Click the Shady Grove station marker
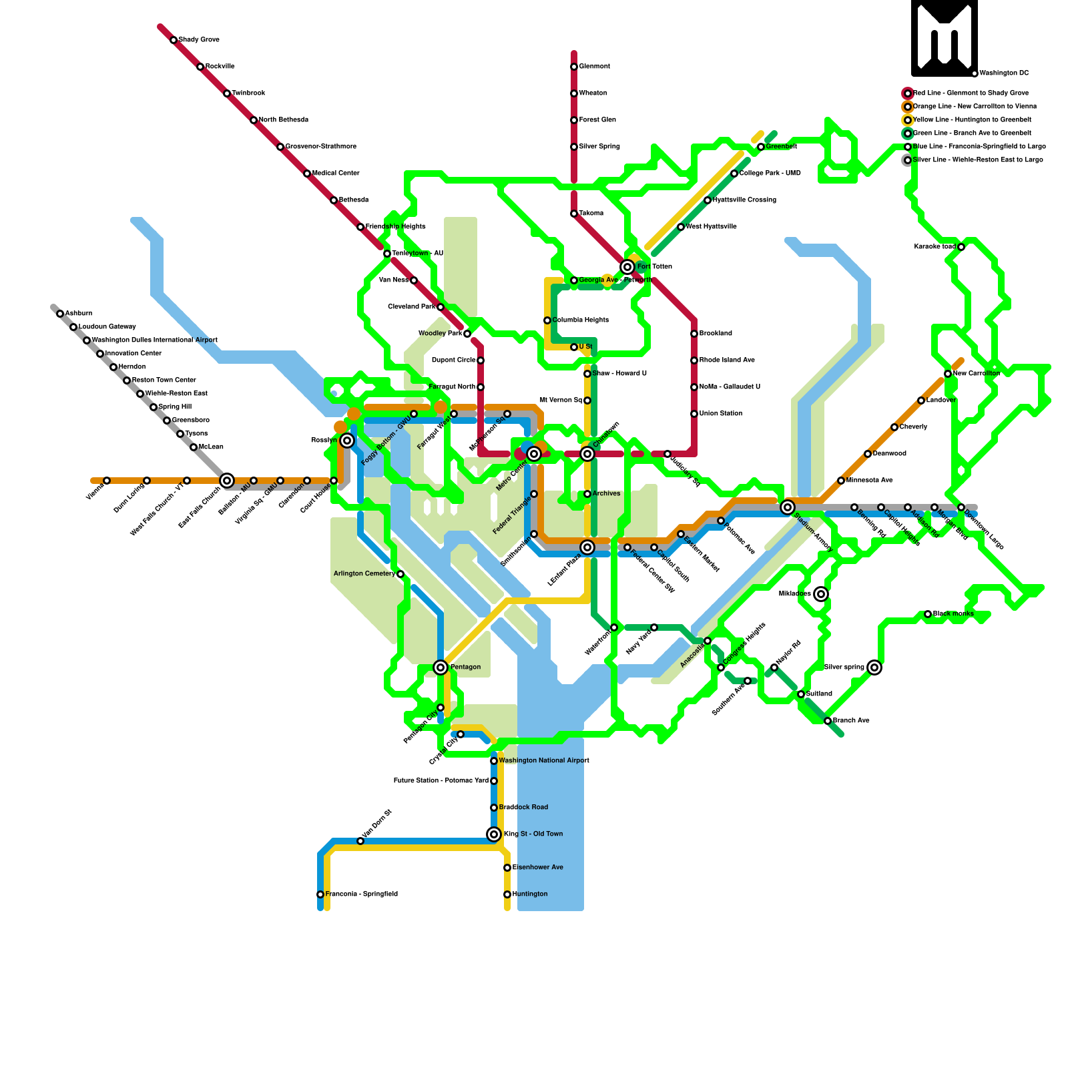point(174,40)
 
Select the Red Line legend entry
point(971,93)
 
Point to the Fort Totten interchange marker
point(627,267)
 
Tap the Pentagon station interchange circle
point(441,667)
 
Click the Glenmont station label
point(594,67)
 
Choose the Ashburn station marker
point(60,314)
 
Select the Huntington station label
point(530,894)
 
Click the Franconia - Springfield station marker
point(320,894)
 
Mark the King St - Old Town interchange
point(494,834)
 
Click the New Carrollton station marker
point(948,374)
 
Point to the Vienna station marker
point(107,481)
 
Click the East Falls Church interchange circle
point(227,481)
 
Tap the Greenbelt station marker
point(761,147)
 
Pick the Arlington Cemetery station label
point(364,574)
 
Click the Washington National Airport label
point(544,761)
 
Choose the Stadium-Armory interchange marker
point(788,507)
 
